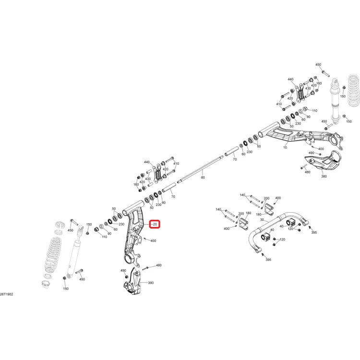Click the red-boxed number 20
point(155,224)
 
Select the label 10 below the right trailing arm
point(285,147)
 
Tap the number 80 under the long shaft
point(203,178)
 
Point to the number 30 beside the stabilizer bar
point(262,220)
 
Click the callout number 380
point(324,176)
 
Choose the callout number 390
point(151,283)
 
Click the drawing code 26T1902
point(6,294)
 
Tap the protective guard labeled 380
point(323,162)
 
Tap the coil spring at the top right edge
point(354,92)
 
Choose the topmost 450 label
point(318,64)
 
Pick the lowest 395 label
point(268,260)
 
